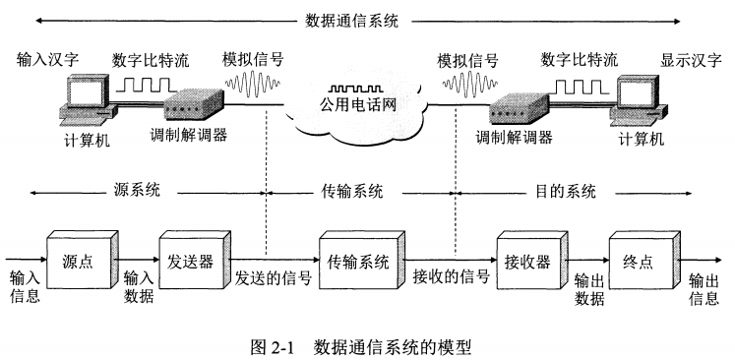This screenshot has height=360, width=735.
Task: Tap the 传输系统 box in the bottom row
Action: click(356, 263)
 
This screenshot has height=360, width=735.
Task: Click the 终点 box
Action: click(641, 263)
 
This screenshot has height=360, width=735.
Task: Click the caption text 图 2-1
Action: click(276, 345)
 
